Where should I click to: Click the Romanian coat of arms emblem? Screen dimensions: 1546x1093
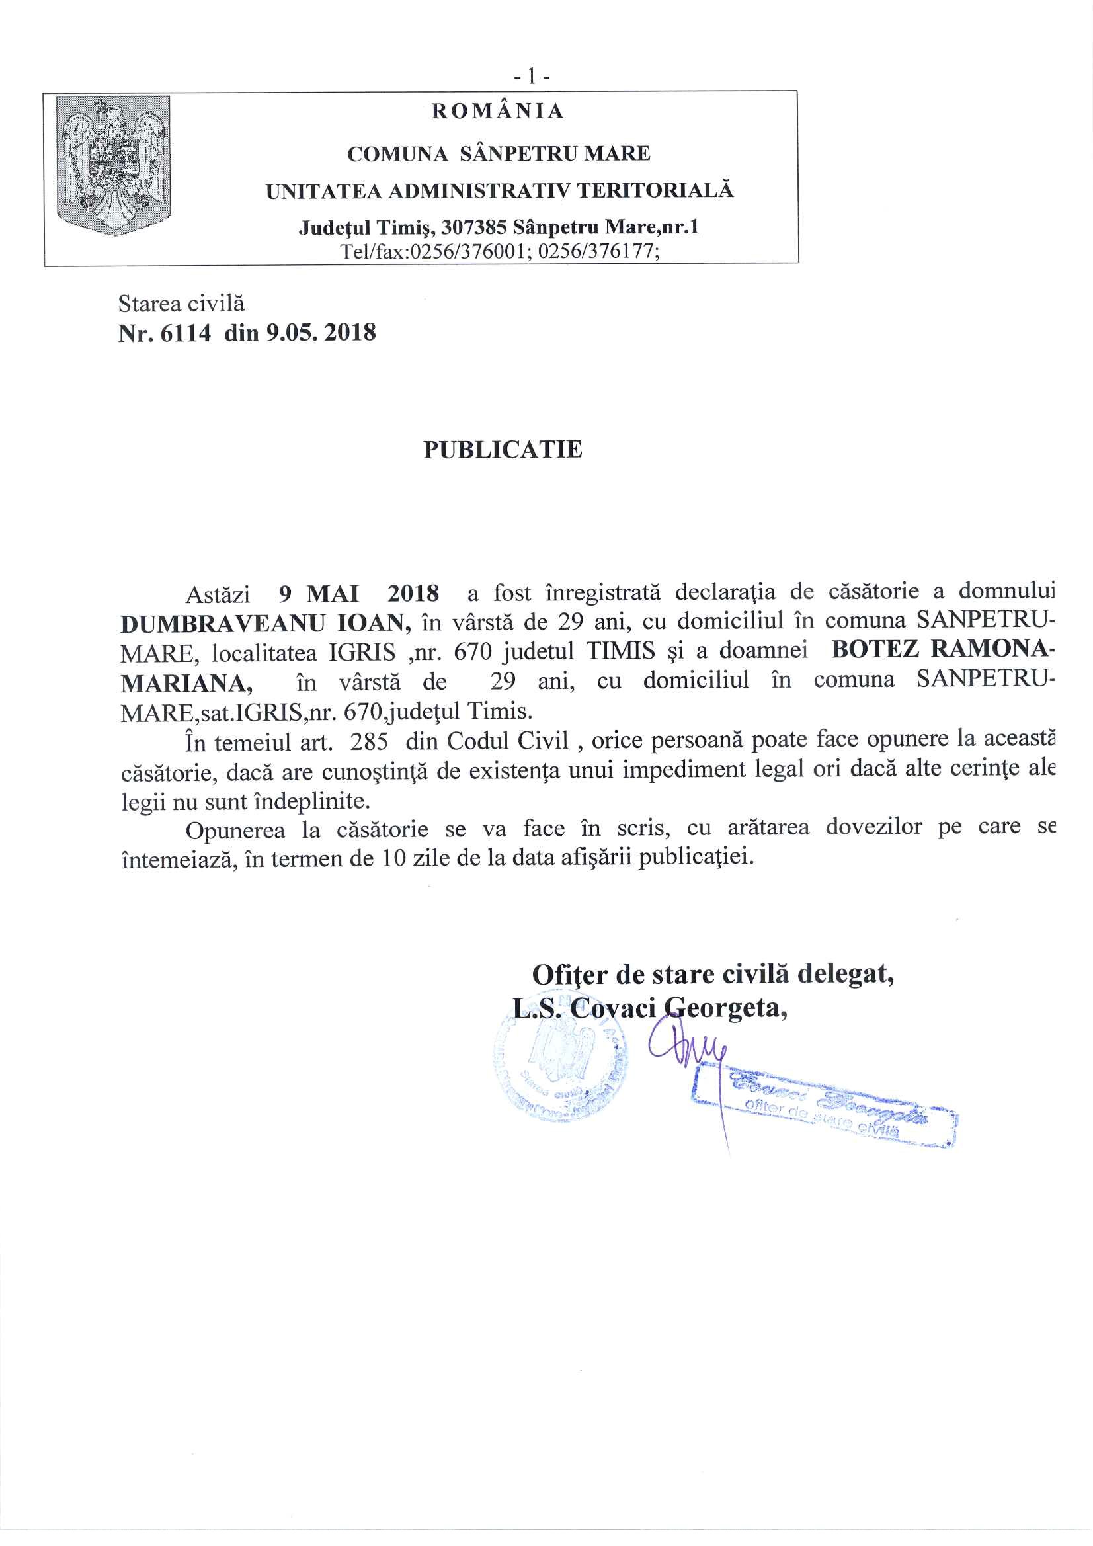pyautogui.click(x=113, y=165)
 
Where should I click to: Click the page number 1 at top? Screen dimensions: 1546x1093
pyautogui.click(x=532, y=77)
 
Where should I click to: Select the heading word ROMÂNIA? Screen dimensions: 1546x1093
pyautogui.click(x=498, y=111)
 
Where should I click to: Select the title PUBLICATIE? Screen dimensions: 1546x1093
pyautogui.click(x=503, y=449)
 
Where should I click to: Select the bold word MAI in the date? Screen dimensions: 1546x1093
pyautogui.click(x=333, y=594)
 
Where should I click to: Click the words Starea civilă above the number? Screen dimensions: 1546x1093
pyautogui.click(x=181, y=304)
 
